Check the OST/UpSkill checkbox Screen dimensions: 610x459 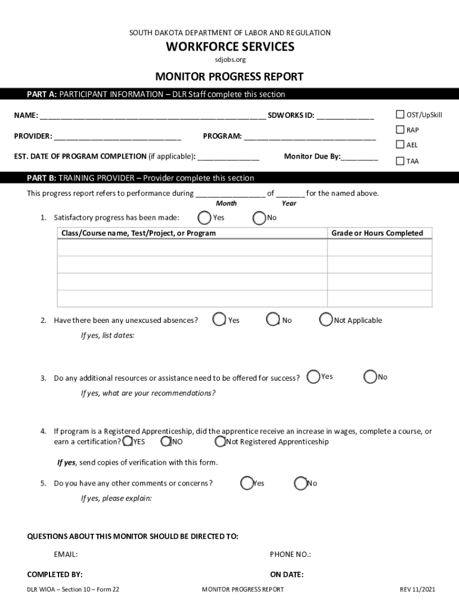(x=401, y=115)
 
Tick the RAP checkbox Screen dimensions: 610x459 (x=401, y=130)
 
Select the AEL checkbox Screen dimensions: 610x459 (x=401, y=145)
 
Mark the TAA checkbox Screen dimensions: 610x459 (x=401, y=161)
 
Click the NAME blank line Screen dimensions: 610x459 (x=153, y=116)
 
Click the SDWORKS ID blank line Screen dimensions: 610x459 (x=345, y=116)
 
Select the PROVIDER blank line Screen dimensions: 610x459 (x=117, y=136)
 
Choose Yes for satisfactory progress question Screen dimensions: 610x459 (x=205, y=217)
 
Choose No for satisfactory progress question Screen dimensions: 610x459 (x=259, y=218)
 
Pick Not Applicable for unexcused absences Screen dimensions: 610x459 (x=325, y=320)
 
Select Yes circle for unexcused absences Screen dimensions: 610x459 (x=219, y=320)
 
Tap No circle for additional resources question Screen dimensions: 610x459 (x=370, y=376)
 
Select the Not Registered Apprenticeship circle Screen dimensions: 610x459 (x=220, y=442)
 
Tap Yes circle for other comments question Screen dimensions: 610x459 (x=247, y=483)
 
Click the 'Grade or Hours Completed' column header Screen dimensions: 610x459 (x=377, y=233)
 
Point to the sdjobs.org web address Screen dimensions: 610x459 (x=230, y=60)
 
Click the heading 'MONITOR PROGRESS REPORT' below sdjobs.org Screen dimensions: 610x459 (x=229, y=77)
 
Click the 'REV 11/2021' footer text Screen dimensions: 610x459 (x=417, y=590)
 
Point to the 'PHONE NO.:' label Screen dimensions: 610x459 (x=290, y=555)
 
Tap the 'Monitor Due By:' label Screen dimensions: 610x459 (x=312, y=156)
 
